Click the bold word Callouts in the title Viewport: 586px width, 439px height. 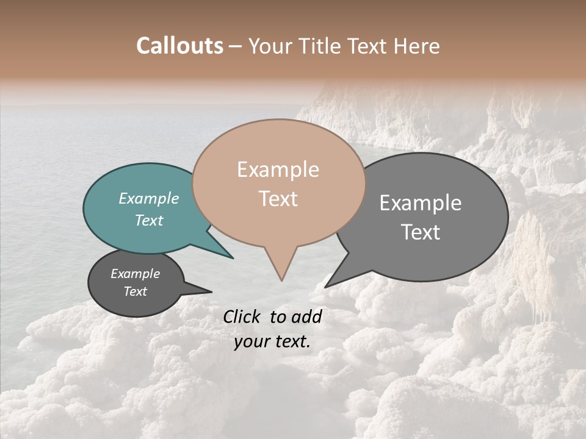179,46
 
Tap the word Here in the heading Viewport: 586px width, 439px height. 417,46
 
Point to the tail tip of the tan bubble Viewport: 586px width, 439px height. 281,280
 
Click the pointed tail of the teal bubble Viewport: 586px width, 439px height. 231,257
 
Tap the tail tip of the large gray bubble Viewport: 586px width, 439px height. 326,287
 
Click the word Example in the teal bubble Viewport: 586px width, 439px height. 148,199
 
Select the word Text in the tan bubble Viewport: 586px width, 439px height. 278,199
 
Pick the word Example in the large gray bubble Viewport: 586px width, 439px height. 421,203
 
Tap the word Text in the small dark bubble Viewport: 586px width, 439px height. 136,291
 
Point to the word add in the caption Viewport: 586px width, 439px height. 307,316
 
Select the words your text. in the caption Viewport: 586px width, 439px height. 272,342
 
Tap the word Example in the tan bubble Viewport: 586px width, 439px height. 278,170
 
